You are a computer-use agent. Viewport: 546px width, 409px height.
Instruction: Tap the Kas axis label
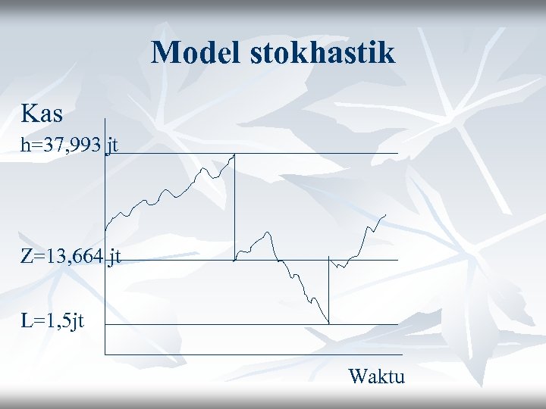(x=42, y=114)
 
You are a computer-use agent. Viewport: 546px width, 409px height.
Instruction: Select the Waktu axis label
(x=377, y=376)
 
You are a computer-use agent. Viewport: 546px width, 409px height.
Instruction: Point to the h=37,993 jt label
(x=69, y=146)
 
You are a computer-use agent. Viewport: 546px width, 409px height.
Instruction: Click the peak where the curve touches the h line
(x=234, y=155)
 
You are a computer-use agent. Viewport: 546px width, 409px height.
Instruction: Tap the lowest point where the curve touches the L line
(x=328, y=323)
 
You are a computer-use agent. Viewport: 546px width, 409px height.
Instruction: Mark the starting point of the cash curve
(x=105, y=229)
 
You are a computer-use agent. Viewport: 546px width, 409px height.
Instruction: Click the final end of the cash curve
(x=386, y=214)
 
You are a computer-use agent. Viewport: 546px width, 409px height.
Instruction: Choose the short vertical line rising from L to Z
(x=328, y=292)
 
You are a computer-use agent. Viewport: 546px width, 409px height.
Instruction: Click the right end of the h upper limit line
(x=397, y=154)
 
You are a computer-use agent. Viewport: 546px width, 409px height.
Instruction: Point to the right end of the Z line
(x=397, y=260)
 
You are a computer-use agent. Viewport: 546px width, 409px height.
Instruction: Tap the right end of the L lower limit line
(x=397, y=325)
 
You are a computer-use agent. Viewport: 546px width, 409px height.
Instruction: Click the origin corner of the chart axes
(x=105, y=354)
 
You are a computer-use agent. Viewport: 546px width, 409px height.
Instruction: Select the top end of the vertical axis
(x=105, y=119)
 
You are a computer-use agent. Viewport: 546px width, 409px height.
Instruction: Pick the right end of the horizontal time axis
(x=397, y=354)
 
